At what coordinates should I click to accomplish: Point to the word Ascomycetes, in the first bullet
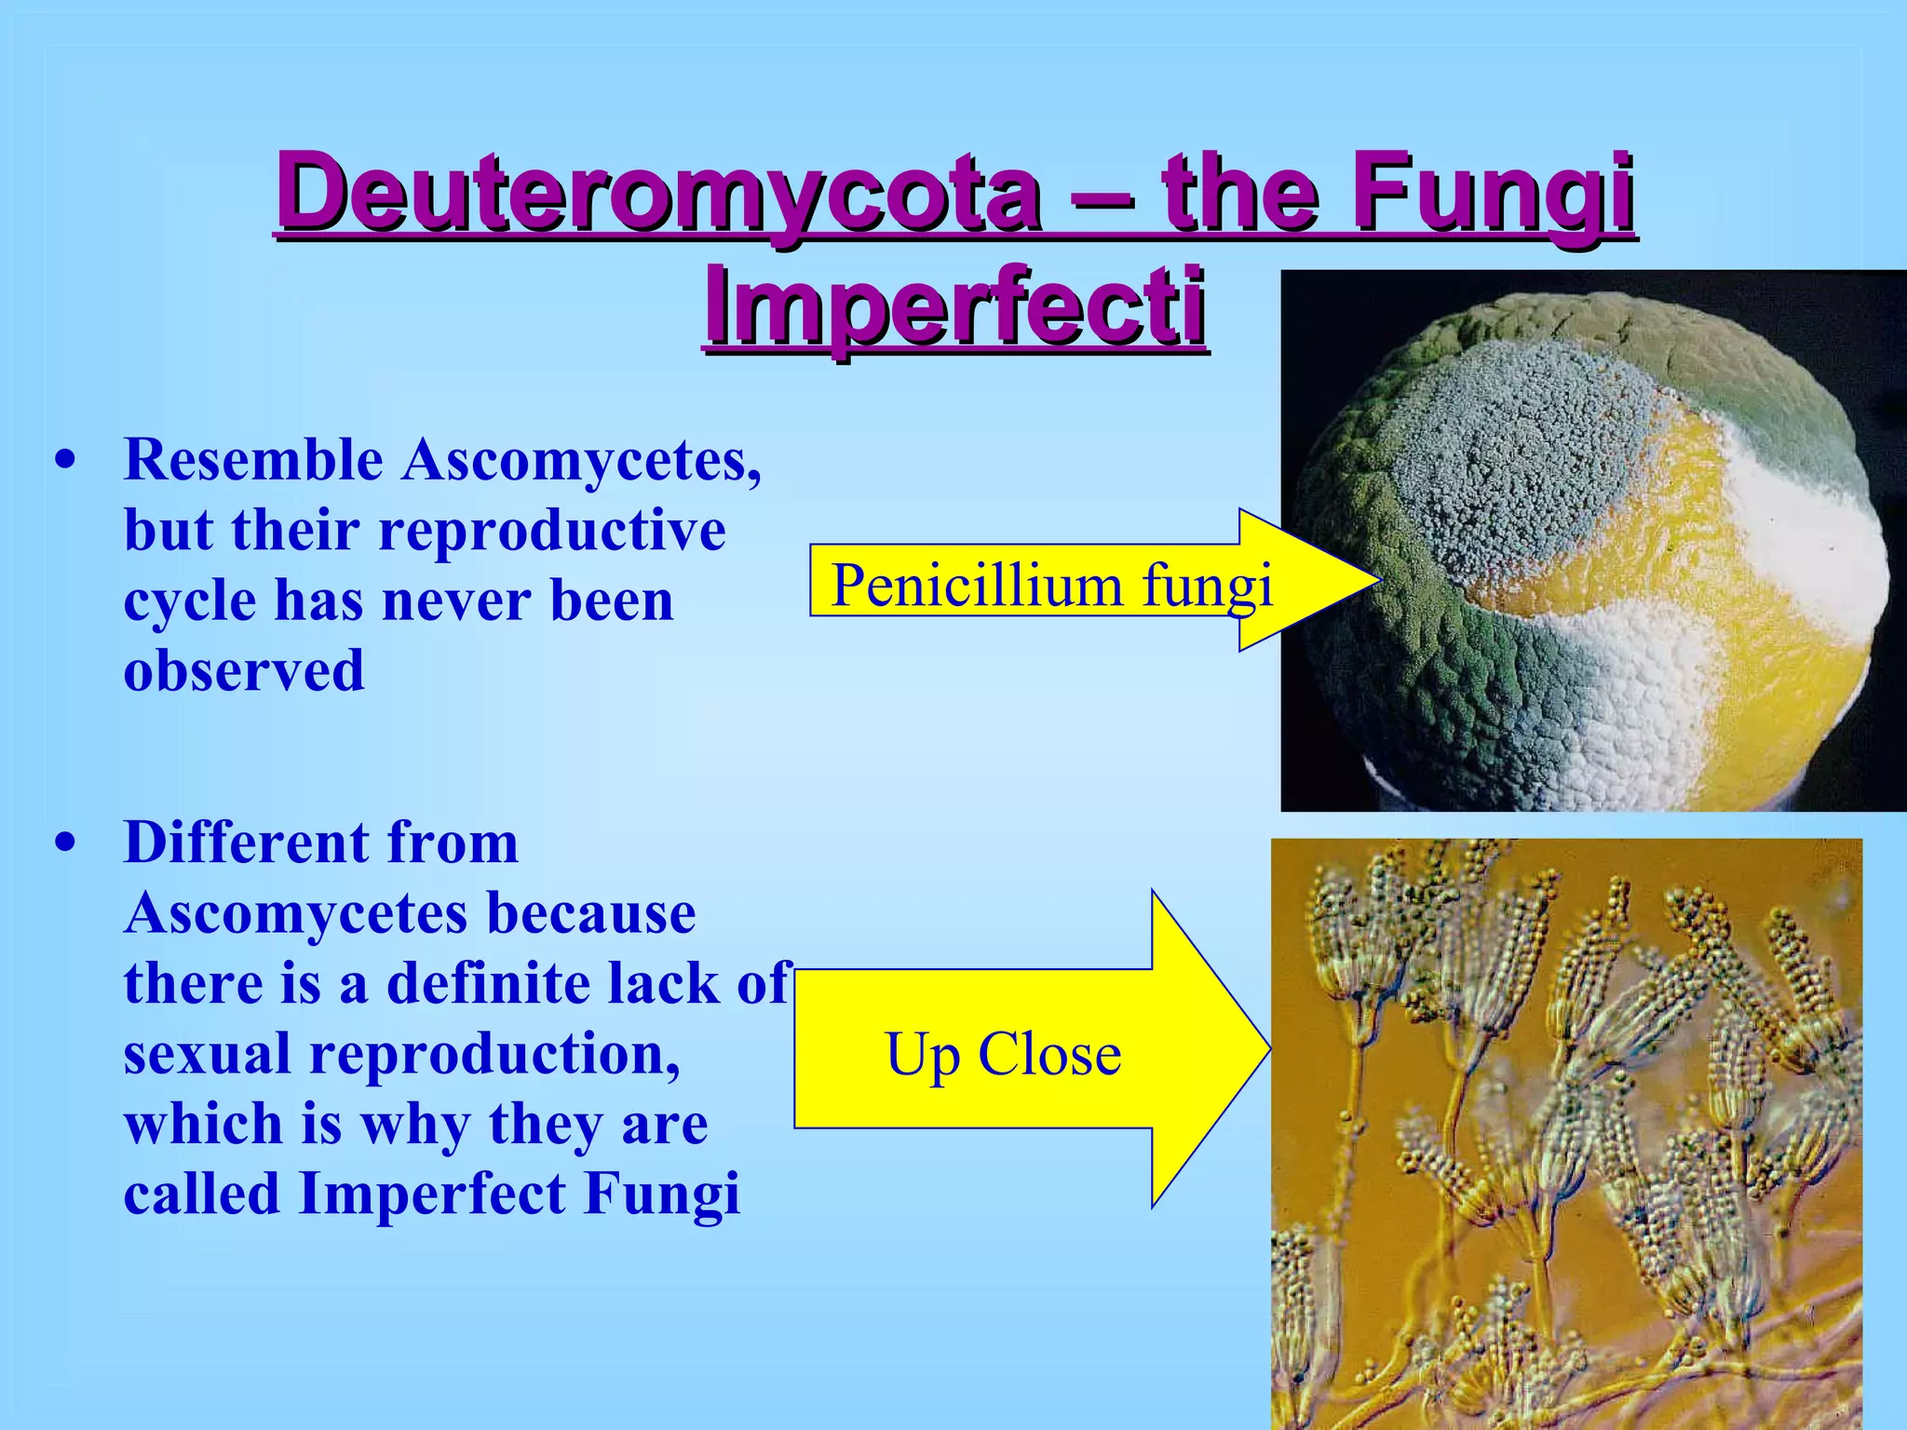tap(582, 460)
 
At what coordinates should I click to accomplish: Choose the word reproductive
tap(552, 531)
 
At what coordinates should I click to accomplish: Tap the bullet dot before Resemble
tap(64, 461)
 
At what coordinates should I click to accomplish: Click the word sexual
tap(209, 1054)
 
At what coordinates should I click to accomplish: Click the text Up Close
tap(1003, 1055)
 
